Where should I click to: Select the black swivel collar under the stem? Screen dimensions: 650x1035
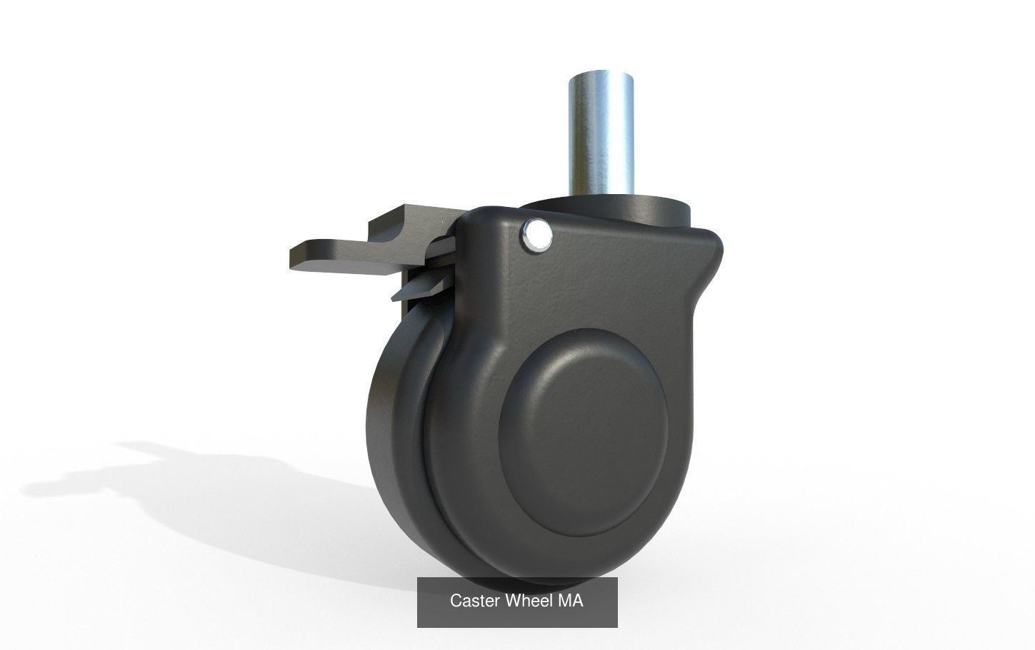(643, 207)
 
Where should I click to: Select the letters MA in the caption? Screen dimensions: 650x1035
(571, 601)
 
